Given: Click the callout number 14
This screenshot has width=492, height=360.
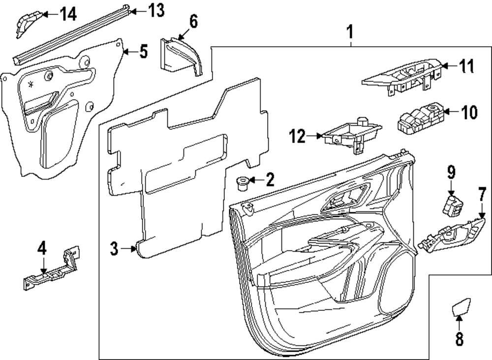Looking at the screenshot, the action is point(68,14).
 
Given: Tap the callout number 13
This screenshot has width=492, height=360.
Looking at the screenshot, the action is point(156,11).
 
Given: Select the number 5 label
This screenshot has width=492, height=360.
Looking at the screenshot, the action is point(143,52).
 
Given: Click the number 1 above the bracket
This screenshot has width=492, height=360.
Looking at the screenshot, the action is point(350,32).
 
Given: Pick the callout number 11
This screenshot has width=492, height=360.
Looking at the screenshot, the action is point(467,66).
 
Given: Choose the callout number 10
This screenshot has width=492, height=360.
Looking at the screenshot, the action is point(469,112).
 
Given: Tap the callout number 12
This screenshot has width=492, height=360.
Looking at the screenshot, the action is point(297,136).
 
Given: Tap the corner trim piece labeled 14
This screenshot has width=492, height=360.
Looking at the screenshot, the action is point(29,23).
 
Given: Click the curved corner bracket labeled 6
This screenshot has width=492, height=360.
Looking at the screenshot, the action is point(181,57).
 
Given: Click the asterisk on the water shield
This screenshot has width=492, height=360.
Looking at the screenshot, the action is point(31,85).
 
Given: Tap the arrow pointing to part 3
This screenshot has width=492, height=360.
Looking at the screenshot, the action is point(129,249).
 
